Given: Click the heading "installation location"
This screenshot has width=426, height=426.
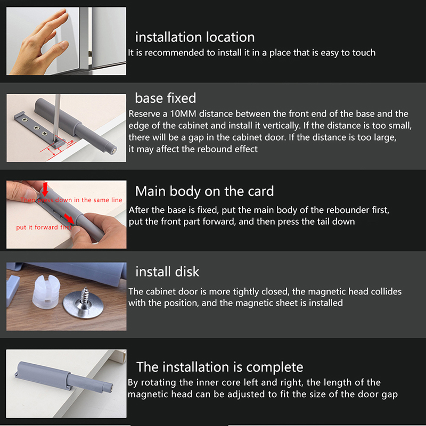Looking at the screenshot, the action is click(x=195, y=37).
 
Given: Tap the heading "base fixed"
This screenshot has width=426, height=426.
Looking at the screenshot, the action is click(x=166, y=98).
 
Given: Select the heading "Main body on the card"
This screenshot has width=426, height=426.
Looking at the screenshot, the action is click(x=204, y=192).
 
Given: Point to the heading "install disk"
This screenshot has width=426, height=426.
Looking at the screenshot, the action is click(x=167, y=272).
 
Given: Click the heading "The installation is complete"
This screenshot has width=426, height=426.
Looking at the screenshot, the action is click(x=220, y=367).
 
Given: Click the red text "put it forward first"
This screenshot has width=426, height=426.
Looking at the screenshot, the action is click(x=44, y=227).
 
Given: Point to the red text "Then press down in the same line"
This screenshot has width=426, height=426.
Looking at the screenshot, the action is click(x=71, y=200).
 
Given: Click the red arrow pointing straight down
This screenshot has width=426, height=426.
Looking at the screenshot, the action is click(x=45, y=189).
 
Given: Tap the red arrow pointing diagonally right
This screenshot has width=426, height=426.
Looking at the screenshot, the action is click(x=69, y=218).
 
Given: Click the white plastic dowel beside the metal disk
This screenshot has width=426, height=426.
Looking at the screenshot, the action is click(x=46, y=292).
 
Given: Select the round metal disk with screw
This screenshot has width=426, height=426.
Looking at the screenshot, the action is click(x=84, y=305).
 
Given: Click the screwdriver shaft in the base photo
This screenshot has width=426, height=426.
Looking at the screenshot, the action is click(x=57, y=116).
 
